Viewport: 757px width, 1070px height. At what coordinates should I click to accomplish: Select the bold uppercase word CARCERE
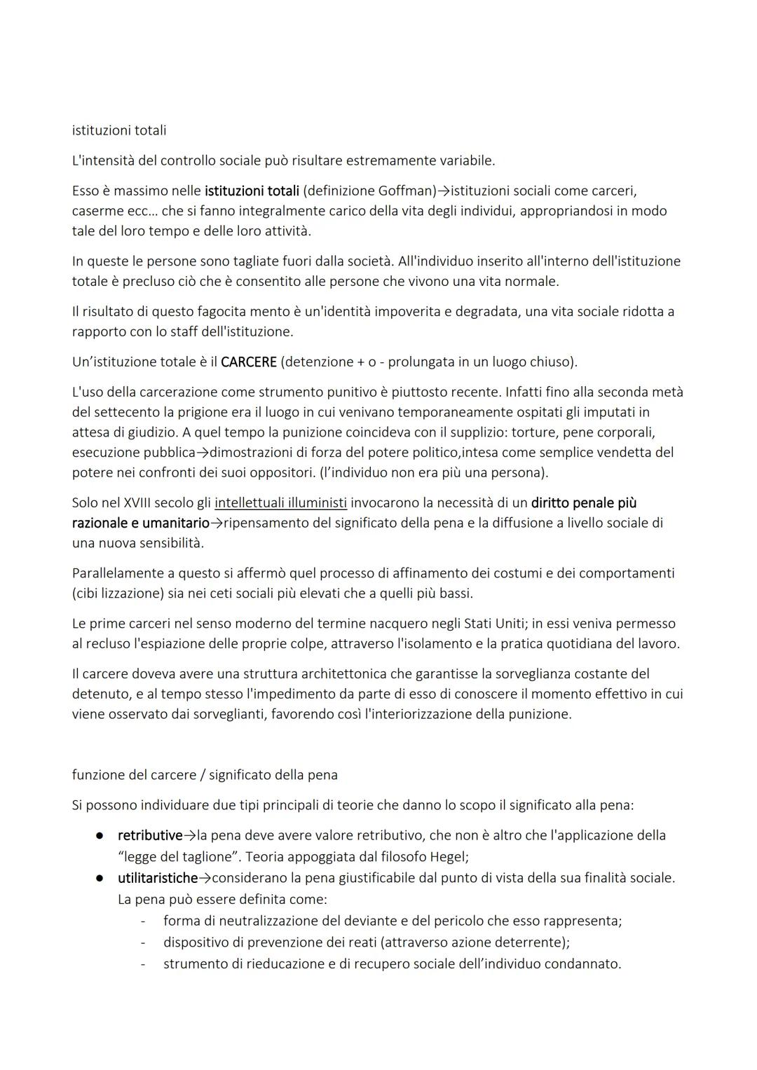[x=248, y=362]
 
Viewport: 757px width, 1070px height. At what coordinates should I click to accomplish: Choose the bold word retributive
[x=150, y=835]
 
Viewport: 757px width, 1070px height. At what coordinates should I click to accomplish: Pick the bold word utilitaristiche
[x=158, y=877]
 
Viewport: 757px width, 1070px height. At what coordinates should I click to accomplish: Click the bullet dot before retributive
[x=101, y=836]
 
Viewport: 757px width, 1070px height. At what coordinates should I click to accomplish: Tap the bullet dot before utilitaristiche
[x=101, y=878]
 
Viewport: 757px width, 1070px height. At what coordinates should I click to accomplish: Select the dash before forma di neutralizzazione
[x=143, y=921]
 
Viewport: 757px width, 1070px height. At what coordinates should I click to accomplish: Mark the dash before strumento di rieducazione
[x=143, y=964]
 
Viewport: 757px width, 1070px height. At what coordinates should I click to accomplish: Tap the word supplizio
[x=503, y=432]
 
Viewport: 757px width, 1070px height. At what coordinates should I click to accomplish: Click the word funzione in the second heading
[x=98, y=775]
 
